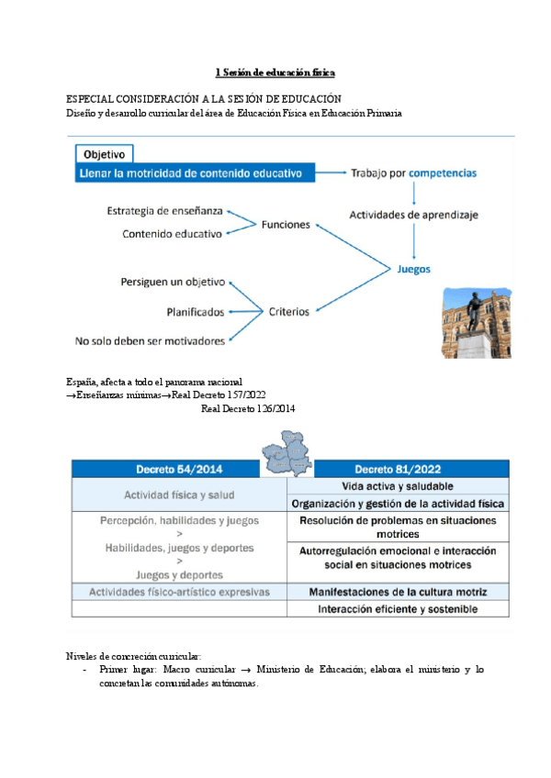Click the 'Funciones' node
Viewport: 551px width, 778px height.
[x=286, y=224]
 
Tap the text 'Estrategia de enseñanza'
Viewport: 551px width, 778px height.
[x=164, y=211]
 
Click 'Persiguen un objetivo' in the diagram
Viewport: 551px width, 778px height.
[x=173, y=283]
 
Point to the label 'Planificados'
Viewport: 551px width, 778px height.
[x=196, y=312]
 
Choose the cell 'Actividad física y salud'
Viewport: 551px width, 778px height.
[x=179, y=495]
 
